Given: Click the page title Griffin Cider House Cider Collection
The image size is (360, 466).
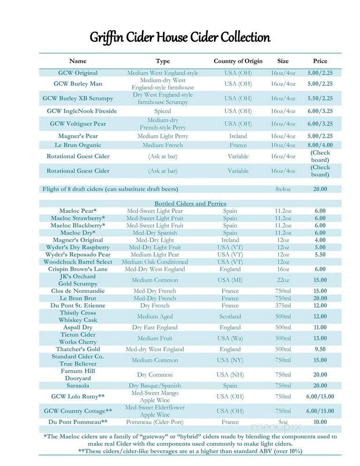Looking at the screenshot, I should pos(180,38).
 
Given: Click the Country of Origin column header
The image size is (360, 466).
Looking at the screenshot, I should pos(238,61).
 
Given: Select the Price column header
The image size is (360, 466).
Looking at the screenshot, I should pos(320,61).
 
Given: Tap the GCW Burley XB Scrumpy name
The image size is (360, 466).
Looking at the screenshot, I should pos(78,98).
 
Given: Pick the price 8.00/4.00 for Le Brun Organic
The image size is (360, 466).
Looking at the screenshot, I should pos(320,145).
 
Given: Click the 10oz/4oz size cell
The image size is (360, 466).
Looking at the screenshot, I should pos(283,145).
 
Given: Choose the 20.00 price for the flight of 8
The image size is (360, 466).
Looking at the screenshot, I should pos(320,189).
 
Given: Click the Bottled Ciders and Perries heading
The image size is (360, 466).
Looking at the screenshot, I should pos(190,203).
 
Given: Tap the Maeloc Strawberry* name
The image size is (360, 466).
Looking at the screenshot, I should pos(78,218).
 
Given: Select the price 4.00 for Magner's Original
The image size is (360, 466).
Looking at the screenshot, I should pos(320,240).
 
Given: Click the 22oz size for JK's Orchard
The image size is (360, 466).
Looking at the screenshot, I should pos(283,280).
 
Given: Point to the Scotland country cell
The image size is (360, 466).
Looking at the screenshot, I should pos(230,316).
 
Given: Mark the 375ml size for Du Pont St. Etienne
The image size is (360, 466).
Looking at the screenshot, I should pos(283,306).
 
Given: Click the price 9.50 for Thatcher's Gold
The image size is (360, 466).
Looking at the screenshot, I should pos(320,349).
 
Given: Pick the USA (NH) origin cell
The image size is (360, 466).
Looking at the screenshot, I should pos(230,375).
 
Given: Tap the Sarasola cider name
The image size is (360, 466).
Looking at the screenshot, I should pos(78,385).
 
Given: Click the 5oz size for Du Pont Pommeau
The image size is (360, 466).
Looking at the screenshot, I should pos(283,422).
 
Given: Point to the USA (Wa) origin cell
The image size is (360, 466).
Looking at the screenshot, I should pos(230,338).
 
